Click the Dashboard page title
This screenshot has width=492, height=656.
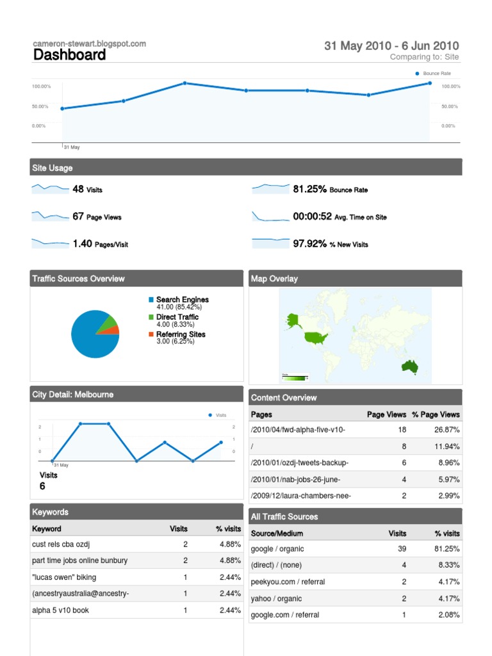(69, 55)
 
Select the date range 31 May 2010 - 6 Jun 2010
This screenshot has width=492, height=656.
(391, 45)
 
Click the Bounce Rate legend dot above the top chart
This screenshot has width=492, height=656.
(417, 74)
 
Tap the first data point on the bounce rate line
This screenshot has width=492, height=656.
(62, 109)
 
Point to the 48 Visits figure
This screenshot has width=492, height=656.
(87, 189)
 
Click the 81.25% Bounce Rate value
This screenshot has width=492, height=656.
(330, 189)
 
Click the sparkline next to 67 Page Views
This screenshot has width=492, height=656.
(50, 216)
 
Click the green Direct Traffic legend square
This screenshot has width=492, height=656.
(151, 317)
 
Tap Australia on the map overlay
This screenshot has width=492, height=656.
(409, 366)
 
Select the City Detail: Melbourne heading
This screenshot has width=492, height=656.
(73, 395)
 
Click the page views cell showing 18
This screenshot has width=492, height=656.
(402, 430)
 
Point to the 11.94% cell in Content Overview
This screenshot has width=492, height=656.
(447, 447)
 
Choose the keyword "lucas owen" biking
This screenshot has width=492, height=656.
(64, 577)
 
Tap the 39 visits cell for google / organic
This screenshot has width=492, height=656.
(402, 549)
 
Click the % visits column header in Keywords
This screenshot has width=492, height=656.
(229, 529)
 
